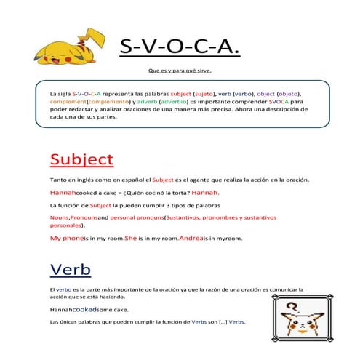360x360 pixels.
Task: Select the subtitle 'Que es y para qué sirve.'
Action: pyautogui.click(x=180, y=71)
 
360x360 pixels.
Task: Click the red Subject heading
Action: pyautogui.click(x=81, y=159)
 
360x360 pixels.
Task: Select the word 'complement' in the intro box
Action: pyautogui.click(x=68, y=103)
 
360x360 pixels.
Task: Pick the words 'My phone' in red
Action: pyautogui.click(x=66, y=238)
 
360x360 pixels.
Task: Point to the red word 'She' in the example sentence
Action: pyautogui.click(x=131, y=238)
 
